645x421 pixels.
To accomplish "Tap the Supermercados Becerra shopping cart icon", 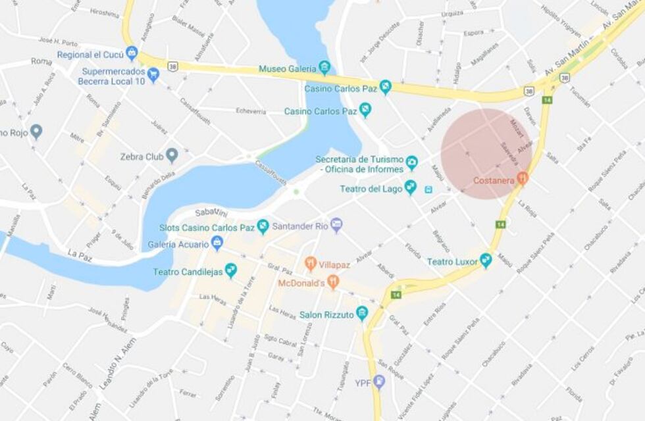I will pos(153,75).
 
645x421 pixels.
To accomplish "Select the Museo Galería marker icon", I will pos(324,68).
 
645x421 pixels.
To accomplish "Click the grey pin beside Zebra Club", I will pos(172,156).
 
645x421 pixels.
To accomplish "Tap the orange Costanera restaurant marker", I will pos(523,178).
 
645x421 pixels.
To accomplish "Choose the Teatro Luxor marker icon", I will pos(486,260).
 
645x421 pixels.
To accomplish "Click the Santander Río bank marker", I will pos(336,225).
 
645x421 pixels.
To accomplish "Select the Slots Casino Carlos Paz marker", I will pos(263,227).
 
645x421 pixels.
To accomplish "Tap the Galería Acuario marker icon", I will pos(217,243).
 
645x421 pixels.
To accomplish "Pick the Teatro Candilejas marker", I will pos(230,270).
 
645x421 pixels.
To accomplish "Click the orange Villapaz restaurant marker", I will pos(311,264).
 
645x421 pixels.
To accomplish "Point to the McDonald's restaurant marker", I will pos(333,283).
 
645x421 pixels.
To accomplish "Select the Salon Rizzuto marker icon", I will pos(361,313).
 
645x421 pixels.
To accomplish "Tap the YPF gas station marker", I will pos(379,382).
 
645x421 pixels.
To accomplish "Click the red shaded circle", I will pos(486,153).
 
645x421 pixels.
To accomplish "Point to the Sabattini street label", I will pos(211,212).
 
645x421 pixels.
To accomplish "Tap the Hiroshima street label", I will pos(104,12).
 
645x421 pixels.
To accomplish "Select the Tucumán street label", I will pos(579,97).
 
